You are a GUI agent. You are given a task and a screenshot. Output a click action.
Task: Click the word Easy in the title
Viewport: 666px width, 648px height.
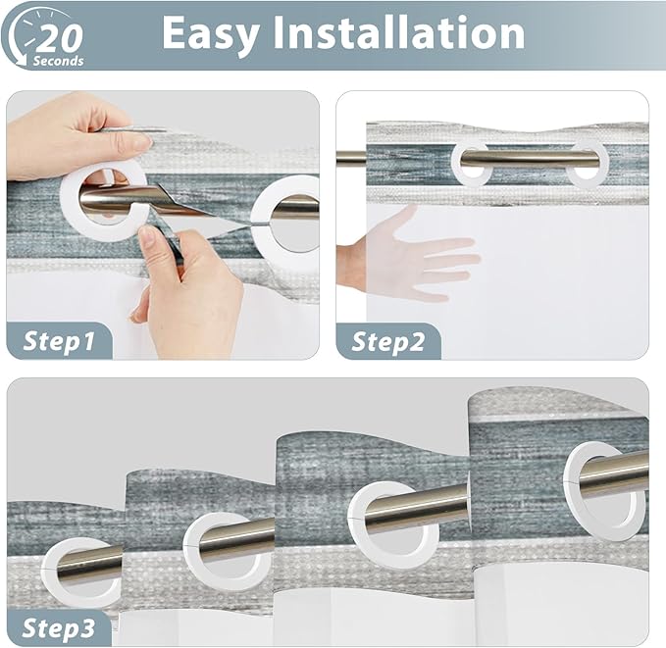211,34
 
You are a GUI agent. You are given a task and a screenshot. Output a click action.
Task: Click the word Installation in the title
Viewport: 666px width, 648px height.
398,32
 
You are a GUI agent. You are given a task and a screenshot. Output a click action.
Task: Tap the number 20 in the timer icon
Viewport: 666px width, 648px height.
60,37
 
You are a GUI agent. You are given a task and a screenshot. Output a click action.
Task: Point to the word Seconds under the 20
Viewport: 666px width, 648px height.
59,61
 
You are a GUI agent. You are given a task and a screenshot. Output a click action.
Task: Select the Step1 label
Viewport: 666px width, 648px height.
59,341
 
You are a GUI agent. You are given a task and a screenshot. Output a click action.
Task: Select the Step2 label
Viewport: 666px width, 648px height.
388,342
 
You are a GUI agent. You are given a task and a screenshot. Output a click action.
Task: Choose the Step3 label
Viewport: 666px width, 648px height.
59,628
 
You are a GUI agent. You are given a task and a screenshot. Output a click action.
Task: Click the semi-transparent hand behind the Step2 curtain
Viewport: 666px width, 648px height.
408,255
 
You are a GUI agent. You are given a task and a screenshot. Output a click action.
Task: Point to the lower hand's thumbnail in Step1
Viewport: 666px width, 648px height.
147,234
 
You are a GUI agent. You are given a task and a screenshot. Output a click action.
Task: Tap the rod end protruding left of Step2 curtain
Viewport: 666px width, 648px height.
351,159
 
